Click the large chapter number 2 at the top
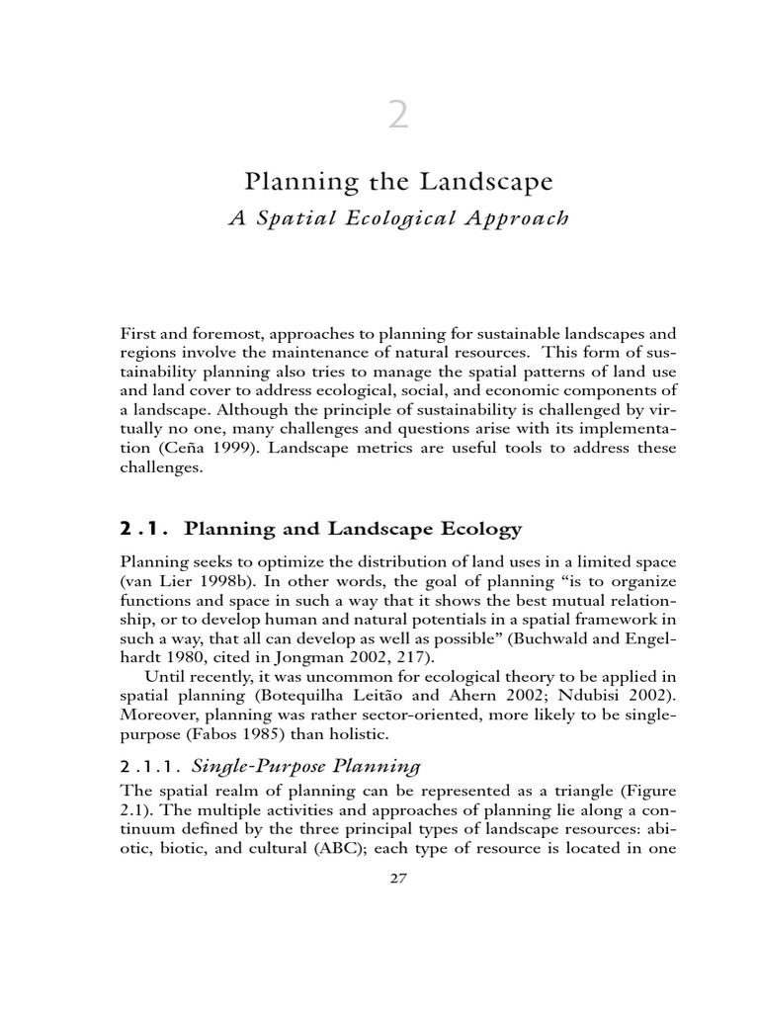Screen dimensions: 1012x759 [x=396, y=117]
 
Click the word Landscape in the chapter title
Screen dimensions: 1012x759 [x=482, y=183]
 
